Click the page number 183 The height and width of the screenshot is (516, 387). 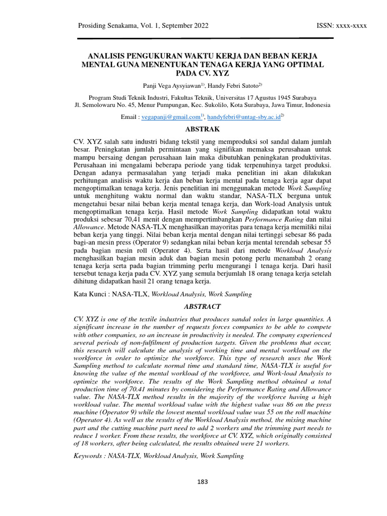tap(203, 482)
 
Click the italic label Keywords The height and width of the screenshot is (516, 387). tap(91, 456)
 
